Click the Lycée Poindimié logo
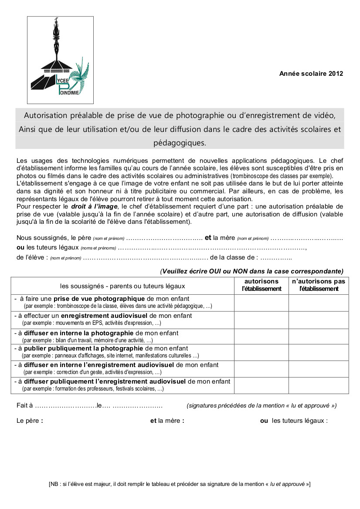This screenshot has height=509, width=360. tap(60, 60)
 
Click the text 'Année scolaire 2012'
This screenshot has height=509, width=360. tap(311, 74)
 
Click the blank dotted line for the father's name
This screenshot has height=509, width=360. tap(164, 238)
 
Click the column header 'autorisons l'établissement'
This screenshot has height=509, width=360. tap(262, 285)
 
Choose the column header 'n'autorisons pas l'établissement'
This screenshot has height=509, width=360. tap(319, 285)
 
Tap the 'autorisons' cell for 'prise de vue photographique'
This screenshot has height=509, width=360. tap(262, 303)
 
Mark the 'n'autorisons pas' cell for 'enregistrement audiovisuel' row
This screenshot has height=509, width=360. tap(319, 320)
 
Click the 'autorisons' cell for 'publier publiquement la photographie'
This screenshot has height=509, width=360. tap(262, 352)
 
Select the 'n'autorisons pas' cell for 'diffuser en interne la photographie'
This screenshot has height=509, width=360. tap(319, 337)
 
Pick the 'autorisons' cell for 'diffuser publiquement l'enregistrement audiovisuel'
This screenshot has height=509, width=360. tap(262, 385)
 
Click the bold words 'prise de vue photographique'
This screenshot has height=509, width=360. tap(99, 299)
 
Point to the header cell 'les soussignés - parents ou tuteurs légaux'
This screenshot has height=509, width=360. tap(122, 286)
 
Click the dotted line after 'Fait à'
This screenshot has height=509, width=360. tap(65, 406)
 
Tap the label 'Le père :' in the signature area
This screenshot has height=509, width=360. tap(30, 421)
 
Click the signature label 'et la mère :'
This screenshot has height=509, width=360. tap(167, 421)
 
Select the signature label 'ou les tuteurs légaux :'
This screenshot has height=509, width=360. tap(294, 421)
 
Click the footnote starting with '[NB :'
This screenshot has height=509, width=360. tap(180, 484)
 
